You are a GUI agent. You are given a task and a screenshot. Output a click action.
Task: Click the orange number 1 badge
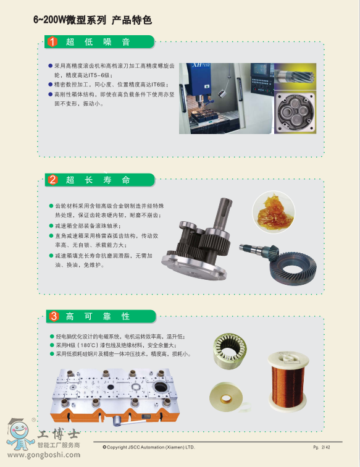pyautogui.click(x=52, y=42)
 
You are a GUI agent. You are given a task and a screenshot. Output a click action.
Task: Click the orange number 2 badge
pyautogui.click(x=52, y=180)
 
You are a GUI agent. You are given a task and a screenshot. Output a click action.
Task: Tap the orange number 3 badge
pyautogui.click(x=54, y=316)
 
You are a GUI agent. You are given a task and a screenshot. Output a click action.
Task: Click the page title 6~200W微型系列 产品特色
pyautogui.click(x=93, y=20)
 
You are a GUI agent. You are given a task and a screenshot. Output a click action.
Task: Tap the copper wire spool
pyautogui.click(x=288, y=381)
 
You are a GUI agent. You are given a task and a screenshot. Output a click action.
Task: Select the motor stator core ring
pyautogui.click(x=230, y=351)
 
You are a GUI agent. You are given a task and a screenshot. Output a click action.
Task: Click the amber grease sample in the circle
pyautogui.click(x=274, y=212)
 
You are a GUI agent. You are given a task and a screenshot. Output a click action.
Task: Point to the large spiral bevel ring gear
pyautogui.click(x=293, y=269)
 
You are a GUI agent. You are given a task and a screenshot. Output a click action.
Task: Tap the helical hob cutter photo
pyautogui.click(x=295, y=76)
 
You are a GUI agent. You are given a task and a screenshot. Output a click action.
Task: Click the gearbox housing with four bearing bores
pyautogui.click(x=295, y=112)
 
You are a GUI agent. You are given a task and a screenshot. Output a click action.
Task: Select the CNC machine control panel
pyautogui.click(x=262, y=78)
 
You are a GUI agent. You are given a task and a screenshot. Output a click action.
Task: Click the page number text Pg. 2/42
pyautogui.click(x=322, y=447)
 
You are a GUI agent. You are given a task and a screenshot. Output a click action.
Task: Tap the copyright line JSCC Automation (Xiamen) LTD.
pyautogui.click(x=148, y=447)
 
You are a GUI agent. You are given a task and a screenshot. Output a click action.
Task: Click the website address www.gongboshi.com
pyautogui.click(x=44, y=455)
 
